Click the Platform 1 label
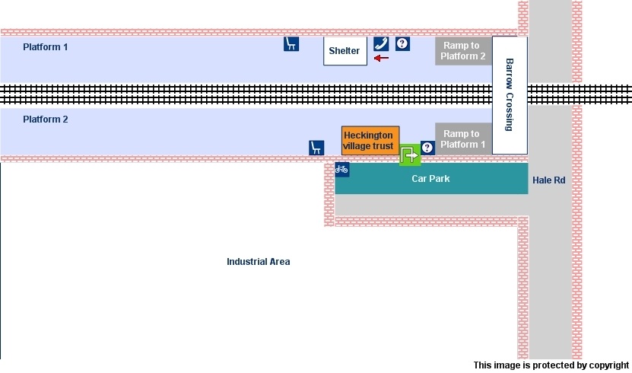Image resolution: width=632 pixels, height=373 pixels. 46,47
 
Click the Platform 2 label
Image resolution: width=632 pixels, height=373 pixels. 46,120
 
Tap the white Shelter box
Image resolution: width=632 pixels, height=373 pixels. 345,50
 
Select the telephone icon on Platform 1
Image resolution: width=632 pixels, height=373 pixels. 381,43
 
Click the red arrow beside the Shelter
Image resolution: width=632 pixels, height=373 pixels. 381,58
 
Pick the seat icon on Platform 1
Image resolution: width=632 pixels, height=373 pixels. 291,43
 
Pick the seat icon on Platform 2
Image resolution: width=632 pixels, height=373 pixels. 316,148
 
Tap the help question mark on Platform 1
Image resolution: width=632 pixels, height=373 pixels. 402,43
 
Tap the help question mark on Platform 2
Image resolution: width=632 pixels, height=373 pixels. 427,148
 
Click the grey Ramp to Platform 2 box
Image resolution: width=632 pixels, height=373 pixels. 462,51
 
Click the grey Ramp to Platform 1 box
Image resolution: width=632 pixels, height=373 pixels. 462,139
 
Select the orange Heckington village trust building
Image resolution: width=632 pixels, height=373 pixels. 370,141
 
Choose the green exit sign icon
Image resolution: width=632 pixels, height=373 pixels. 410,155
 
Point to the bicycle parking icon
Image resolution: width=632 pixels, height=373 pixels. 342,169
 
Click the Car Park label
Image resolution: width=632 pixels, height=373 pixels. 430,179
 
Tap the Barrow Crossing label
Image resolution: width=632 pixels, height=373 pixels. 510,94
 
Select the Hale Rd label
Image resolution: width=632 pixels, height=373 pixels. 548,180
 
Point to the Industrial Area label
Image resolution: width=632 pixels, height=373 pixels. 258,262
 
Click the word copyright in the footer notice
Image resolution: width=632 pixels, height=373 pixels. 605,365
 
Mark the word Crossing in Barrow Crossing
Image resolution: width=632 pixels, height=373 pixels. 510,110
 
